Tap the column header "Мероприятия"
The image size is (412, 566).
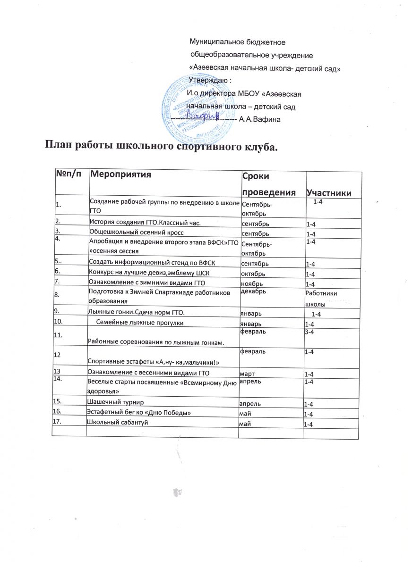(x=120, y=175)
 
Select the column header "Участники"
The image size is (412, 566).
(x=328, y=192)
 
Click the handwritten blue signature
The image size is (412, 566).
(x=202, y=114)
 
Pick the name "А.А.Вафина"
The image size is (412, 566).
(x=260, y=120)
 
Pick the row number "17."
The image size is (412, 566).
(x=60, y=422)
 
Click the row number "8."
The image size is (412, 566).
(x=58, y=296)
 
